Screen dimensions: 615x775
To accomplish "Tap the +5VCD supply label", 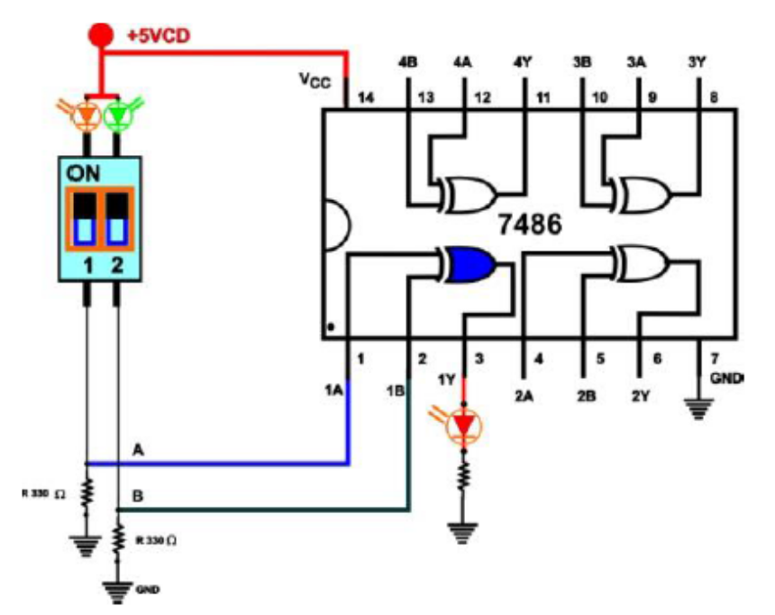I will (x=157, y=36).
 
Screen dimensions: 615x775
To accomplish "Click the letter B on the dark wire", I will (x=137, y=496).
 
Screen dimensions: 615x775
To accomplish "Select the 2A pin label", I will (x=525, y=394).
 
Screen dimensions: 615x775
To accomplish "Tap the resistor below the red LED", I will (x=464, y=475).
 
